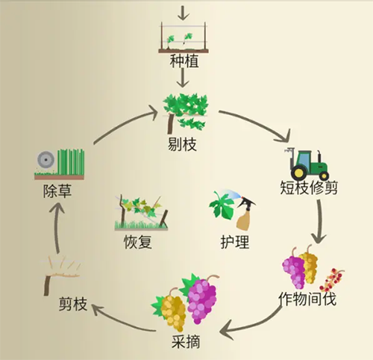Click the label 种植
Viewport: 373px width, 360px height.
click(x=184, y=61)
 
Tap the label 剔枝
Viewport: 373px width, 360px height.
click(x=182, y=144)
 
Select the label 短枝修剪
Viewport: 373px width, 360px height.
click(x=309, y=187)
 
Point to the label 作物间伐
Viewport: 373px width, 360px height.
click(x=307, y=299)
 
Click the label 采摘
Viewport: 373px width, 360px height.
click(x=186, y=341)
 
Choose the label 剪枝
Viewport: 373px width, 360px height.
click(x=73, y=304)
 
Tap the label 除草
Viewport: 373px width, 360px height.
click(x=57, y=191)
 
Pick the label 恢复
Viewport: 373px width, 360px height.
click(x=137, y=242)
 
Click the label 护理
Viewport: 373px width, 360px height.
click(x=235, y=242)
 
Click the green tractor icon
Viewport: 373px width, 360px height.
click(x=307, y=164)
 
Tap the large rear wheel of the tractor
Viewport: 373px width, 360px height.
click(x=299, y=172)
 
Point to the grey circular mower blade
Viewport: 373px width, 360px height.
click(x=46, y=160)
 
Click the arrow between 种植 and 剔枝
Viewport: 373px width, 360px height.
click(x=183, y=78)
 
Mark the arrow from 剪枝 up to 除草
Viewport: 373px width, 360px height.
click(x=57, y=227)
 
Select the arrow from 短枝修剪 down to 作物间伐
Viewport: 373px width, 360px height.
click(x=320, y=222)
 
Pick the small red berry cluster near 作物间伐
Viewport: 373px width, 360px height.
click(x=331, y=281)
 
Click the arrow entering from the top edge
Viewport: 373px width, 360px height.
click(x=183, y=13)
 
